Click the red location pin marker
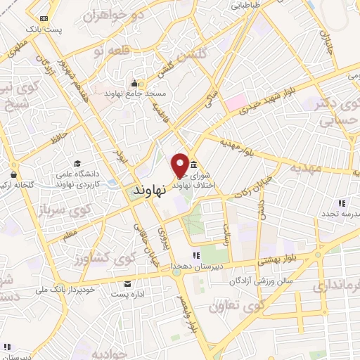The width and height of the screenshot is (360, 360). click(x=181, y=164)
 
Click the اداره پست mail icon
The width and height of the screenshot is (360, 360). click(x=127, y=283)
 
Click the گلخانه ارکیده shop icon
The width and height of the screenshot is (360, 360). click(x=13, y=173)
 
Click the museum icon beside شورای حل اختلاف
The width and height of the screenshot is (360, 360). click(x=193, y=165)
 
